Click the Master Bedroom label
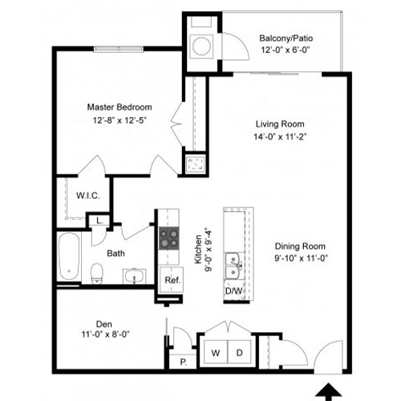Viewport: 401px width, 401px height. point(119,107)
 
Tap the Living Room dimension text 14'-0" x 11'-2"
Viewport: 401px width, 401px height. point(280,137)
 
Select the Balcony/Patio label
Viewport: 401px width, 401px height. point(286,38)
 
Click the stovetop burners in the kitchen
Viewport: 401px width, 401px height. point(169,238)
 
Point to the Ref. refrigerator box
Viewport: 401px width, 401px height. point(172,280)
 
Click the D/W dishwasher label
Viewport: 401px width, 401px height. point(233,291)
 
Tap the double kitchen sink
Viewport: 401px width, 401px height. point(233,266)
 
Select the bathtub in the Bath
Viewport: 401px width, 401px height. point(69,257)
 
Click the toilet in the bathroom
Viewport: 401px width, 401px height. point(97,273)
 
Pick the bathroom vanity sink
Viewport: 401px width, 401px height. point(134,276)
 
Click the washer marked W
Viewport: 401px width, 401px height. point(216,352)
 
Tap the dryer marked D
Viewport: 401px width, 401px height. point(239,352)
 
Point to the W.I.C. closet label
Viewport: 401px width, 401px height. point(88,196)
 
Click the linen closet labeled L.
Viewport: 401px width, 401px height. point(99,221)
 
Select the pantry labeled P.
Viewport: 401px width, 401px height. point(184,362)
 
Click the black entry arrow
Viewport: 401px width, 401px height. point(329,392)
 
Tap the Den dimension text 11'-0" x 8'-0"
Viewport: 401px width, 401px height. point(106,334)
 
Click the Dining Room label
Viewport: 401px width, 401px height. point(300,246)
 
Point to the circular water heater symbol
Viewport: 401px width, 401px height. point(201,46)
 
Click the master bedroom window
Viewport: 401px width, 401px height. point(119,49)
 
